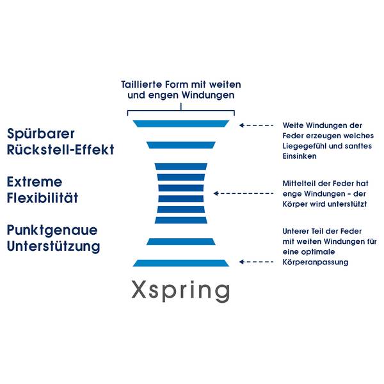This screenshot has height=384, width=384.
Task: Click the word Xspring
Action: point(180,290)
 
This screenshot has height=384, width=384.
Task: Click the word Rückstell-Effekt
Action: point(61,150)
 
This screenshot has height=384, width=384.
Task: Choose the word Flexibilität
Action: point(42,198)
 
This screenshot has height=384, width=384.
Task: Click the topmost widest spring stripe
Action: point(180,123)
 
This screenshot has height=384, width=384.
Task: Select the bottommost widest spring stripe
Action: point(180,262)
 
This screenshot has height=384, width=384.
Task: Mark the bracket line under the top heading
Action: point(180,104)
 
